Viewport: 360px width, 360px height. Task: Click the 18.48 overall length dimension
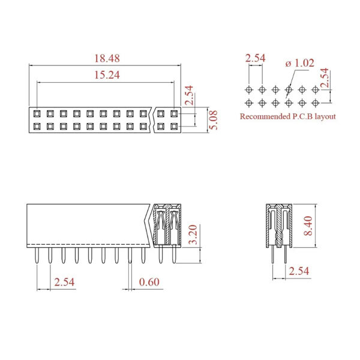(x=107, y=58)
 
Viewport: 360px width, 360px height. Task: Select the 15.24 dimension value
(x=107, y=75)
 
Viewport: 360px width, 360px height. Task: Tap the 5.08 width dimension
(x=214, y=120)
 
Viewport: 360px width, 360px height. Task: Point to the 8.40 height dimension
(x=308, y=226)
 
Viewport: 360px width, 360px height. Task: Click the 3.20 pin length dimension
(x=193, y=235)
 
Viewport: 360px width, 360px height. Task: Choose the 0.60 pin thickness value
(x=149, y=282)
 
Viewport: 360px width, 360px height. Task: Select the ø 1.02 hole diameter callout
(x=300, y=63)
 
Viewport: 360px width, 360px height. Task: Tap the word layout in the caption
(x=325, y=116)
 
